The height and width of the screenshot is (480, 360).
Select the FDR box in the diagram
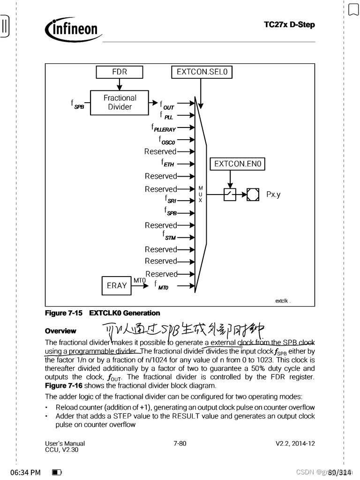[x=119, y=72]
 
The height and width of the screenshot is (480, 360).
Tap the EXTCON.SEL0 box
[x=202, y=72]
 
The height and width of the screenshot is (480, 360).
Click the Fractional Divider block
[x=120, y=102]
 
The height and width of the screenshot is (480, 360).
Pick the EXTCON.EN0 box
[x=237, y=164]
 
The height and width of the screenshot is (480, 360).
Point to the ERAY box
[x=117, y=285]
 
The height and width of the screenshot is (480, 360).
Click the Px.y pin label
[x=273, y=194]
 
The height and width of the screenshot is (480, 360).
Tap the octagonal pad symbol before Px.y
[x=253, y=194]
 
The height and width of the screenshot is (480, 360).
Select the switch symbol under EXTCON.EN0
[x=230, y=194]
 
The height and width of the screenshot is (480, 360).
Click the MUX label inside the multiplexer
[x=200, y=194]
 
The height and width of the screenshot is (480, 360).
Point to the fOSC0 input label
[x=167, y=140]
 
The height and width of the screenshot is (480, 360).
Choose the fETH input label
[x=168, y=164]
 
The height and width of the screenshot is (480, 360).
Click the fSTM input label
[x=169, y=235]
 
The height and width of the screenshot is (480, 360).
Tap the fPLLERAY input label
[x=163, y=127]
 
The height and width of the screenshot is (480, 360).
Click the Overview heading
[x=61, y=331]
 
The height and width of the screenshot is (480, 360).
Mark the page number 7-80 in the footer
[x=180, y=443]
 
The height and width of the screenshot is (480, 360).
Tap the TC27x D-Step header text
[x=289, y=24]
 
